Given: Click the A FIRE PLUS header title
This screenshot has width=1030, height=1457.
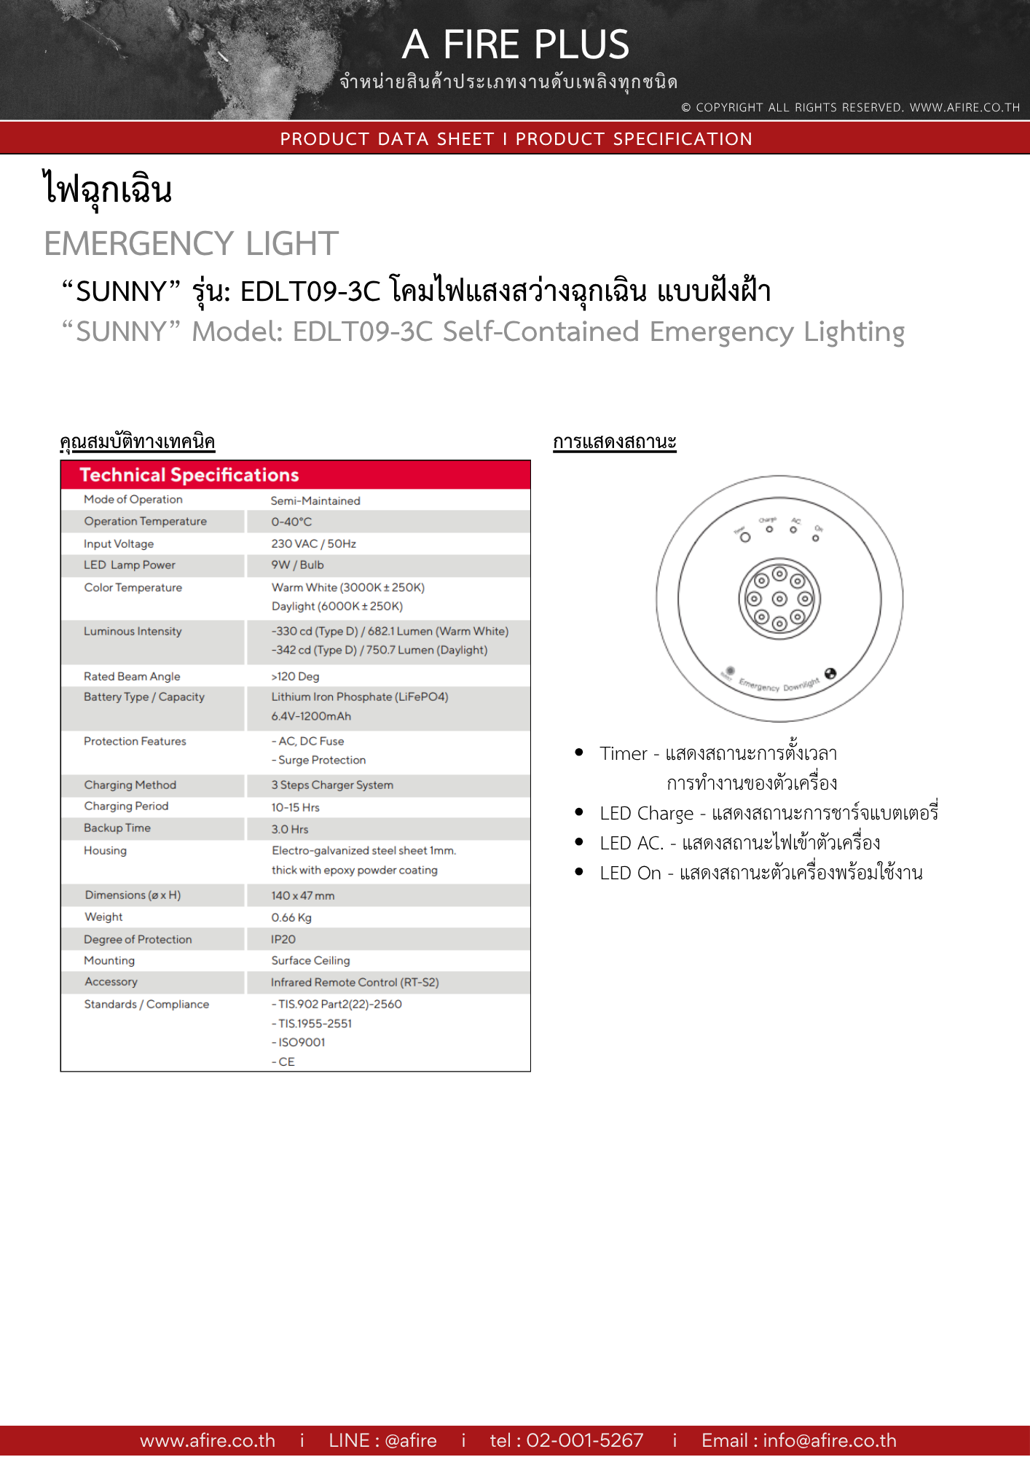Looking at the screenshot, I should pyautogui.click(x=515, y=45).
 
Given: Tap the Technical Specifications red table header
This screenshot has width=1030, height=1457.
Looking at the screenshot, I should pyautogui.click(x=189, y=475).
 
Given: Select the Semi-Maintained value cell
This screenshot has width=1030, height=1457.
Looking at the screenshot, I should pyautogui.click(x=315, y=501).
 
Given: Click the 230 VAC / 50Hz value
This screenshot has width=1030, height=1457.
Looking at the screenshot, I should pyautogui.click(x=313, y=544).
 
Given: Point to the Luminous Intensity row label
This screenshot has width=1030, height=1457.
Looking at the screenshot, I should pyautogui.click(x=133, y=632).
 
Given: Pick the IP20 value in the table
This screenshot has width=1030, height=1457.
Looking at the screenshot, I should pyautogui.click(x=283, y=940).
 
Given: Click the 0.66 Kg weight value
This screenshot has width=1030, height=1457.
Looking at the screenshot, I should pyautogui.click(x=291, y=918).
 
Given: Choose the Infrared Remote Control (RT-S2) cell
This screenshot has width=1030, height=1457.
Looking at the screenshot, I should pyautogui.click(x=355, y=983).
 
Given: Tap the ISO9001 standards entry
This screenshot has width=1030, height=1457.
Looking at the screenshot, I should pyautogui.click(x=302, y=1042).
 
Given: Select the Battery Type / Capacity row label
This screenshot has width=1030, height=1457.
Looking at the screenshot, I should pyautogui.click(x=144, y=697).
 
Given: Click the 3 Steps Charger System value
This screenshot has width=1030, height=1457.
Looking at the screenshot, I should pyautogui.click(x=332, y=785).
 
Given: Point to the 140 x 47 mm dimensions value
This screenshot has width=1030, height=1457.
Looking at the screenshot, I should pyautogui.click(x=303, y=896).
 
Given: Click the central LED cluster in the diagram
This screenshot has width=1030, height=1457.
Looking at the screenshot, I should pyautogui.click(x=779, y=599).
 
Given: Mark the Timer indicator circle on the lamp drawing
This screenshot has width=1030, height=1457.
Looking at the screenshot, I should pyautogui.click(x=744, y=538).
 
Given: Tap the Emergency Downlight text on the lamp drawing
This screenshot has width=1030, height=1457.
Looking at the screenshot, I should pyautogui.click(x=779, y=685).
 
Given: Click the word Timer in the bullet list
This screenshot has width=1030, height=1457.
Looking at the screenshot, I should pyautogui.click(x=624, y=754).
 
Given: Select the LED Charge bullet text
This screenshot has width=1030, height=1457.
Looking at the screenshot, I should pyautogui.click(x=646, y=814).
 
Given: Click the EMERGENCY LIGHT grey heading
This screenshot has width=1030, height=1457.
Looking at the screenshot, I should pyautogui.click(x=191, y=244).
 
